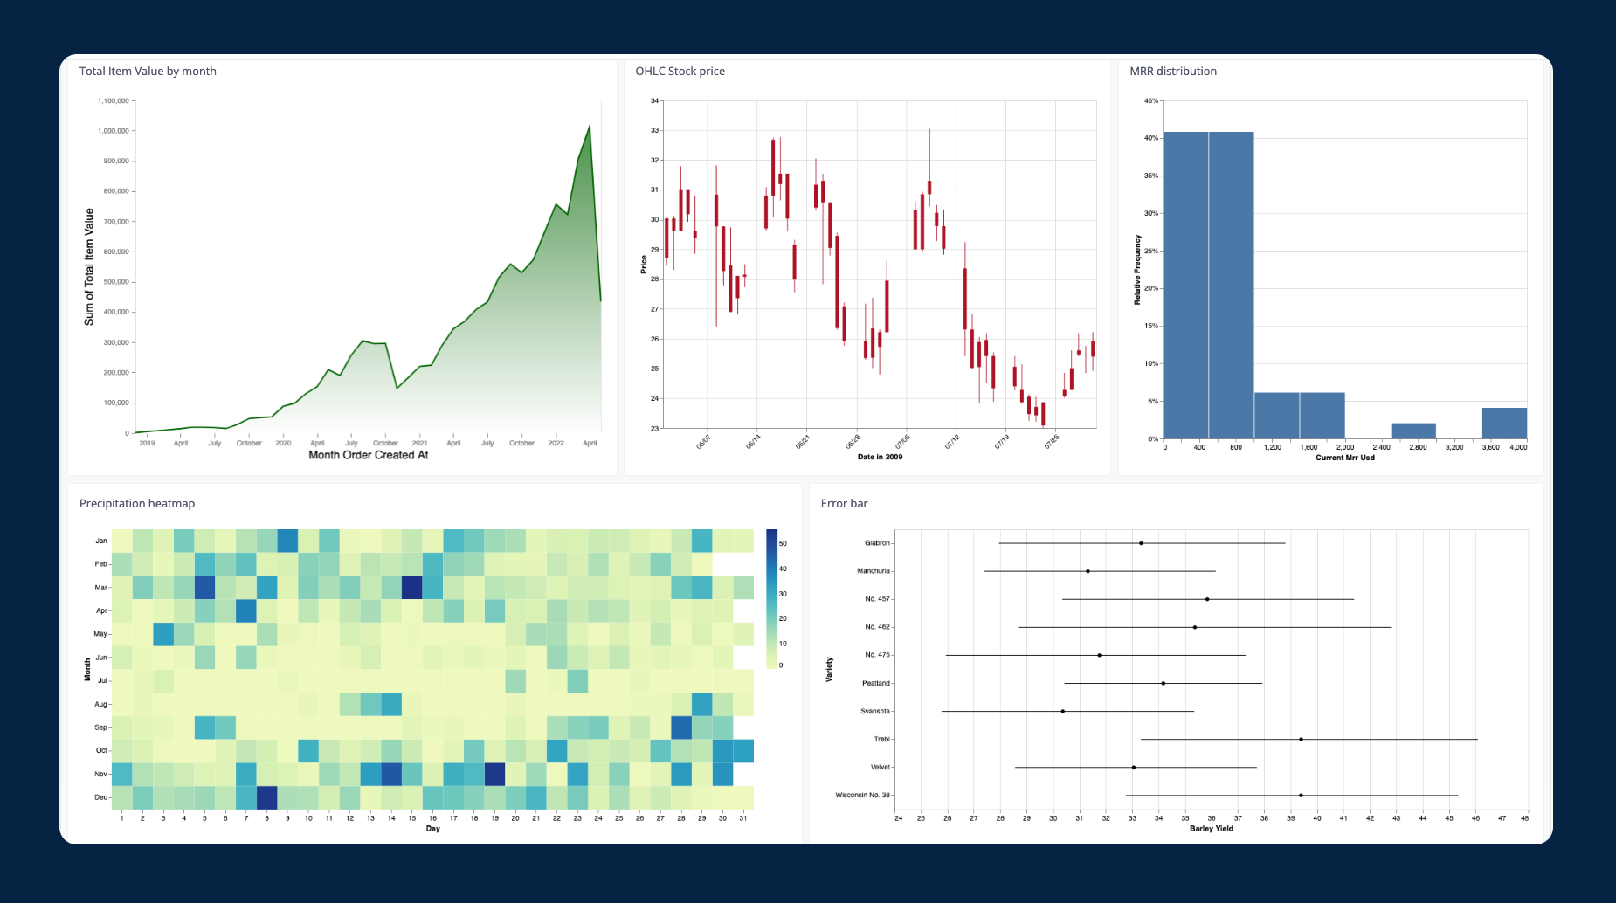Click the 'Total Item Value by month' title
pyautogui.click(x=148, y=72)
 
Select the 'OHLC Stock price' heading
pyautogui.click(x=680, y=72)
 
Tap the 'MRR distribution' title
pyautogui.click(x=1172, y=72)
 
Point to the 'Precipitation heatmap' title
pyautogui.click(x=137, y=504)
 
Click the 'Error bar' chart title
pyautogui.click(x=844, y=504)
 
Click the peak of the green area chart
pyautogui.click(x=590, y=126)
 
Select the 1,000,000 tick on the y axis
pyautogui.click(x=114, y=131)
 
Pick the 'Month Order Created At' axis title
pyautogui.click(x=368, y=455)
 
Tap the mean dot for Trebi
pyautogui.click(x=1301, y=740)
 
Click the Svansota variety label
pyautogui.click(x=875, y=712)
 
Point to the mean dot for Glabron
pyautogui.click(x=1141, y=543)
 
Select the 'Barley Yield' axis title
pyautogui.click(x=1212, y=829)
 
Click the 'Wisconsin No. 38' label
pyautogui.click(x=862, y=796)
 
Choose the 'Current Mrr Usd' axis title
pyautogui.click(x=1344, y=458)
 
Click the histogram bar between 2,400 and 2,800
pyautogui.click(x=1413, y=431)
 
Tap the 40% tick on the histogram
pyautogui.click(x=1152, y=138)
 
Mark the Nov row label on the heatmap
pyautogui.click(x=100, y=775)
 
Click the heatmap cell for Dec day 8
pyautogui.click(x=267, y=797)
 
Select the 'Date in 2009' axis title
pyautogui.click(x=880, y=457)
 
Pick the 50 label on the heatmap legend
pyautogui.click(x=783, y=544)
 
